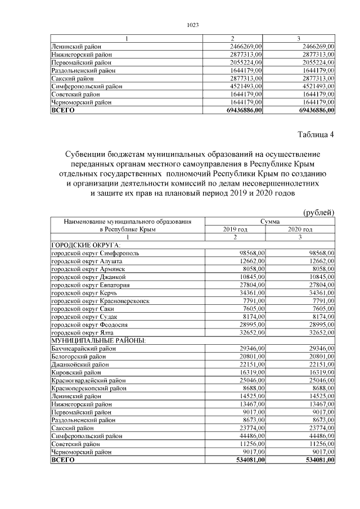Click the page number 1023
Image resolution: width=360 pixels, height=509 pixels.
click(192, 25)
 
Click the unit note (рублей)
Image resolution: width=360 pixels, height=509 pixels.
click(319, 212)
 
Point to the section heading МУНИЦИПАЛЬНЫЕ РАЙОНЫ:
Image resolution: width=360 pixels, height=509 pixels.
click(99, 341)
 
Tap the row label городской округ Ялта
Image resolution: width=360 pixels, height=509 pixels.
click(83, 333)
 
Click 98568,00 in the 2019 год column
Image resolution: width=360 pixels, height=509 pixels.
click(250, 254)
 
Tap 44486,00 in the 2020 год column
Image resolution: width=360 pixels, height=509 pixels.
click(319, 436)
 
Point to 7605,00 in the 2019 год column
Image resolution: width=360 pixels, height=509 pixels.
click(252, 309)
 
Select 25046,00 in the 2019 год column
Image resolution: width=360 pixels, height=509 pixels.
click(250, 380)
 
